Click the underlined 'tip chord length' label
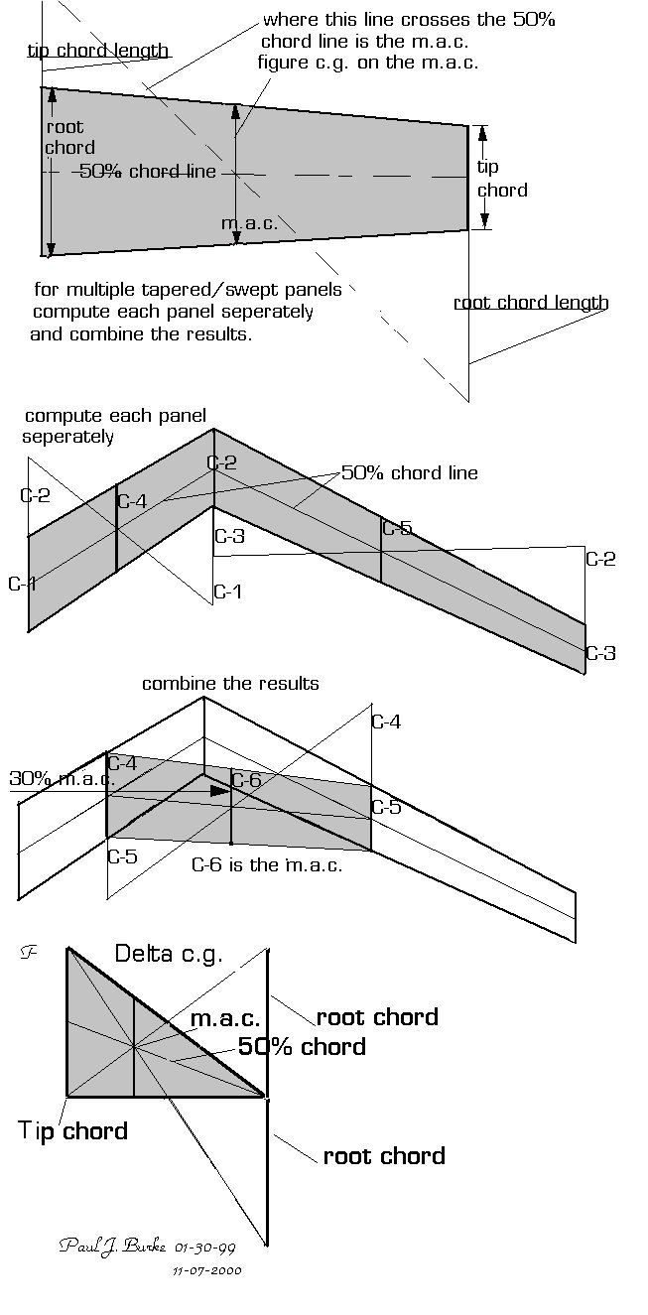point(97,51)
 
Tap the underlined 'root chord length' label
point(531,303)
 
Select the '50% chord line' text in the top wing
point(147,172)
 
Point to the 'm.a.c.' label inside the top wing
point(249,223)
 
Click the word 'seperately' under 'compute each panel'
point(68,437)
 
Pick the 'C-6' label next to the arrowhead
point(246,781)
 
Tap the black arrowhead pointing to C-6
point(219,791)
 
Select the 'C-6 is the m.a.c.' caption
point(267,864)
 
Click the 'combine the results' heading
point(230,684)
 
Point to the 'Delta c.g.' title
point(169,955)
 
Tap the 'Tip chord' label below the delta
point(72,1130)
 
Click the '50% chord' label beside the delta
point(302,1047)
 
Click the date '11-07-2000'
point(207,1269)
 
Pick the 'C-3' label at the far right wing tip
point(601,653)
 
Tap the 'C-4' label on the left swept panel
point(132,501)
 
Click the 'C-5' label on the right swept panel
point(397,528)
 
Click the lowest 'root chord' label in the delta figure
point(384,1156)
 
